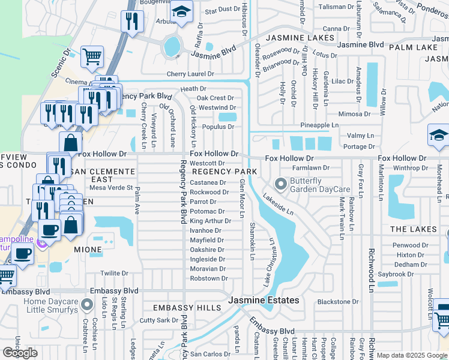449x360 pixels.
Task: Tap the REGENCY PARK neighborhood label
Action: [224, 172]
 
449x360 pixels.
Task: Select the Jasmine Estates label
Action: [263, 300]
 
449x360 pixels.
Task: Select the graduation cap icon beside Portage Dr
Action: [438, 136]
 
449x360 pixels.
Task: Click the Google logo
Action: [20, 353]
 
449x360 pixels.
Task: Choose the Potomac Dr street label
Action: [207, 212]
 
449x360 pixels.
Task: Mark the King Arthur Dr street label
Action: [210, 221]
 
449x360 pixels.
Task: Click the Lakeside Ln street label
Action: [278, 204]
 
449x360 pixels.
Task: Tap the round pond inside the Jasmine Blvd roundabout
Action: [172, 44]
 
